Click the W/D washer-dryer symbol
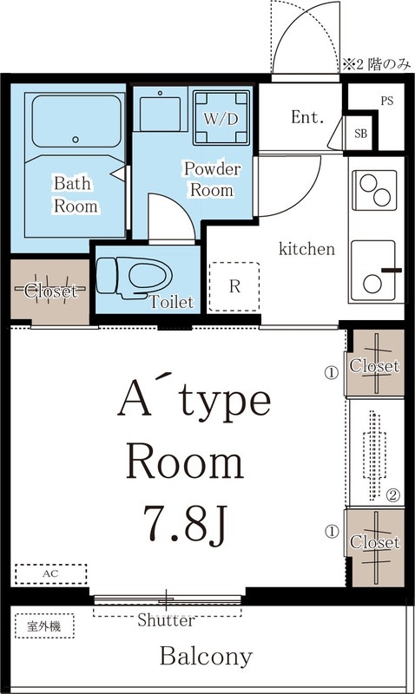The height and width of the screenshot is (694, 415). click(x=221, y=118)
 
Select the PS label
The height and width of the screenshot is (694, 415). click(x=386, y=101)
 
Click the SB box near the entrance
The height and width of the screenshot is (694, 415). click(x=360, y=134)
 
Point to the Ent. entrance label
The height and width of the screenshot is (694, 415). click(x=307, y=117)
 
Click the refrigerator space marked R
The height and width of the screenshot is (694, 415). click(x=234, y=287)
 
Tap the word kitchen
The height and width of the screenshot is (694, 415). click(x=306, y=249)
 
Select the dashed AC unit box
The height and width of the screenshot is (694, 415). click(x=51, y=573)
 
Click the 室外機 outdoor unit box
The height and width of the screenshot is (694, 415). click(x=44, y=625)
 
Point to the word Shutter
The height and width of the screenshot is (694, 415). click(x=166, y=620)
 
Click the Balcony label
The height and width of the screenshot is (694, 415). click(x=206, y=657)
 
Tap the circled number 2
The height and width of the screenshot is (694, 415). click(x=394, y=495)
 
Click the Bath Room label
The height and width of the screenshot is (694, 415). click(x=76, y=194)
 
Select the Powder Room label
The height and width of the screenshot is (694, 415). click(x=212, y=180)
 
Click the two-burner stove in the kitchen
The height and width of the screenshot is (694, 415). click(x=374, y=190)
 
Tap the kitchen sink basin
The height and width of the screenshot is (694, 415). click(x=373, y=271)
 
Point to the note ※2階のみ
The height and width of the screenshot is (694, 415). click(x=377, y=65)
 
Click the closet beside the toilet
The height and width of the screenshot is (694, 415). click(x=50, y=290)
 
